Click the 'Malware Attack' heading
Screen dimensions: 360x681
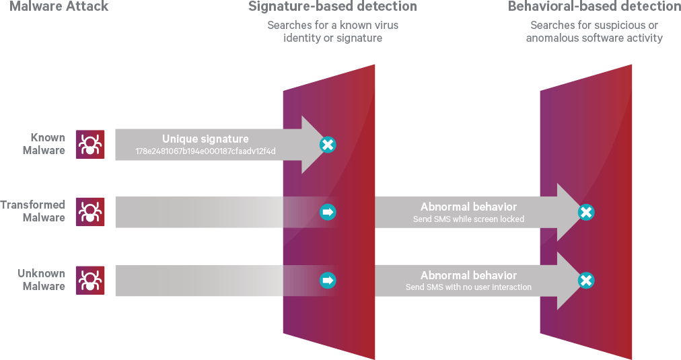click(53, 7)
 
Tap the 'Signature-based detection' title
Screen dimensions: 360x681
click(332, 7)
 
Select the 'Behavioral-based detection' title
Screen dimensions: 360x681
click(594, 7)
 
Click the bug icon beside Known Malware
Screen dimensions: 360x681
click(89, 144)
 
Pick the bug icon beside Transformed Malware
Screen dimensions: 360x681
click(89, 212)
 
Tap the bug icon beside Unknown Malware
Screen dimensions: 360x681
click(89, 280)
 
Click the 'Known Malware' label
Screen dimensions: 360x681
click(44, 144)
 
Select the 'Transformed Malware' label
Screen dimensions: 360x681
click(33, 211)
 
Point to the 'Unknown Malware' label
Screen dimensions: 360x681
click(41, 279)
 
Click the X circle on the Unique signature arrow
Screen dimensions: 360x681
click(328, 145)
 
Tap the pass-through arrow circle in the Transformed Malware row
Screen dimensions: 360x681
click(328, 213)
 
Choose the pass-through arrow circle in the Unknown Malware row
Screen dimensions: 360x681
click(328, 280)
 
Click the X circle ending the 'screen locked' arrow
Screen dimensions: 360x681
click(586, 213)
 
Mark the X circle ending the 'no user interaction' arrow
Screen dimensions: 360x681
click(586, 281)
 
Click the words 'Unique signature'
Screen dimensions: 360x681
click(205, 139)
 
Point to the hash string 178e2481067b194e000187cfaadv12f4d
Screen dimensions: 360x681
click(205, 151)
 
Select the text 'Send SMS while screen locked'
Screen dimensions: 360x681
click(468, 219)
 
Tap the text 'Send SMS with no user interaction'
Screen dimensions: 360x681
click(468, 287)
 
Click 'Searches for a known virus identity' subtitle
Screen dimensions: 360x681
click(332, 32)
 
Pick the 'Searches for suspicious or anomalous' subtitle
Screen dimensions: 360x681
click(594, 32)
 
